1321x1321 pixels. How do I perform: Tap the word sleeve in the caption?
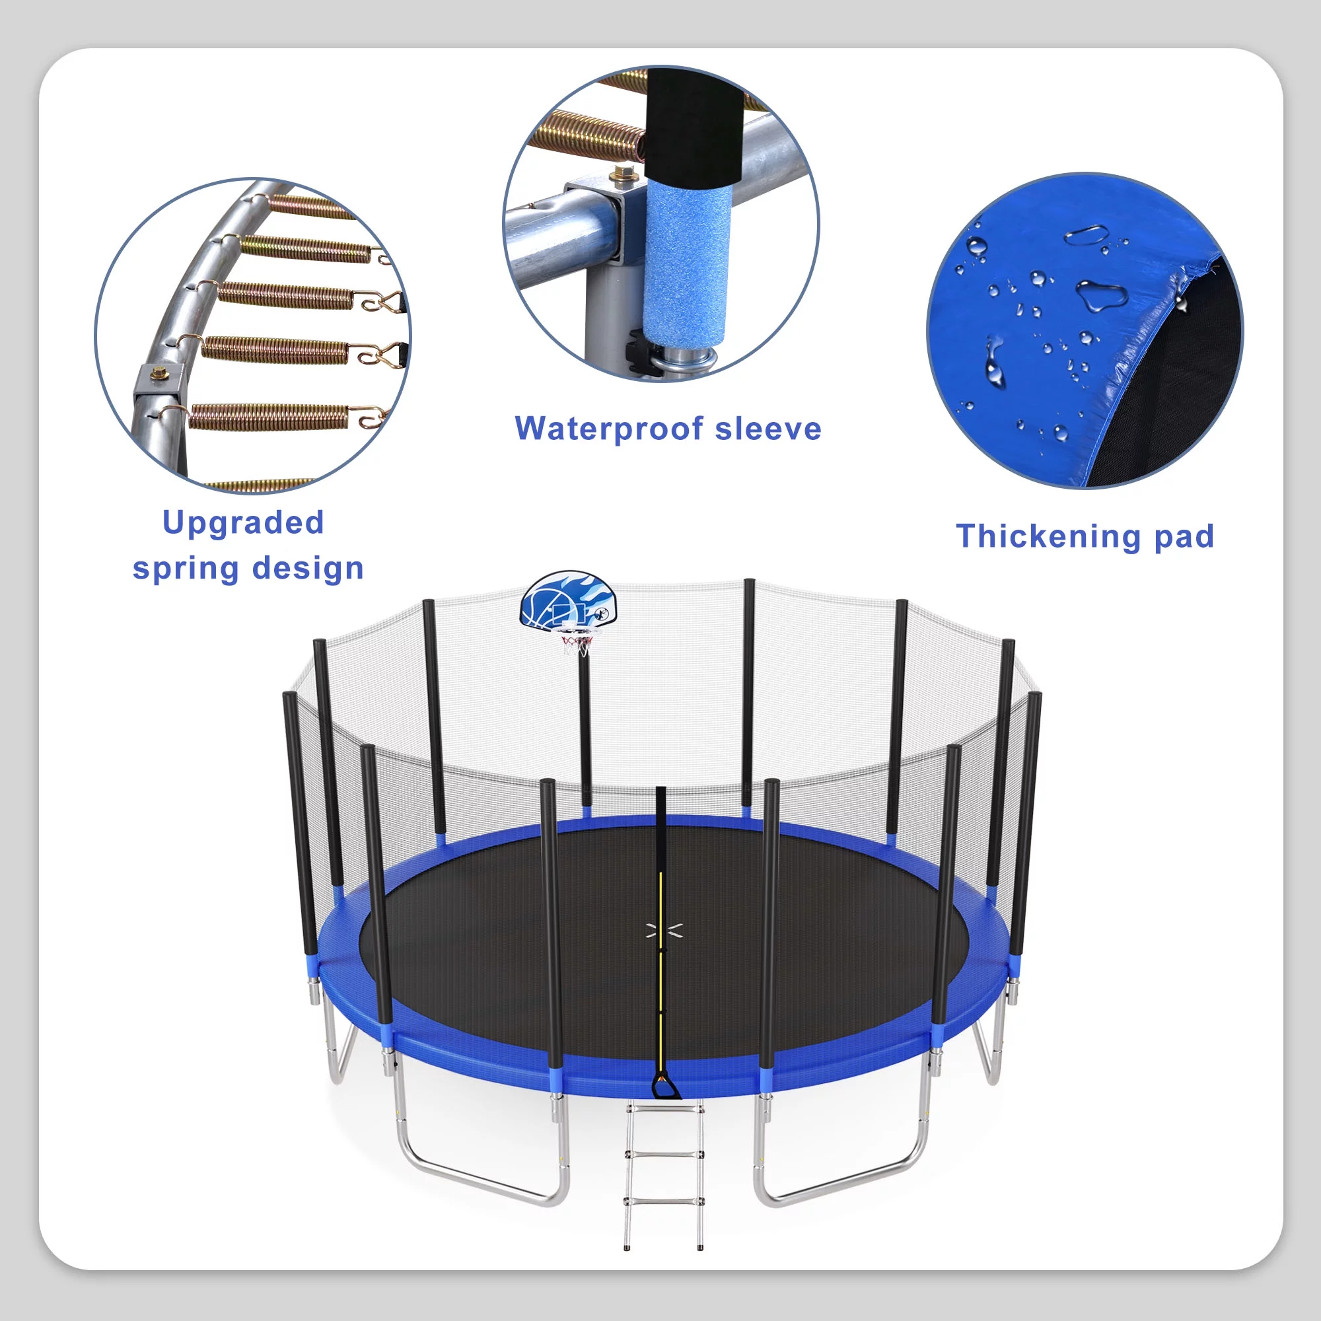(768, 429)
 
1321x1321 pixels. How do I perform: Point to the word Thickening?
(1048, 536)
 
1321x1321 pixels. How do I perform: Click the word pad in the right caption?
(1184, 536)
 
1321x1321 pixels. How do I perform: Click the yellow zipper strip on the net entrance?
(660, 957)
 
